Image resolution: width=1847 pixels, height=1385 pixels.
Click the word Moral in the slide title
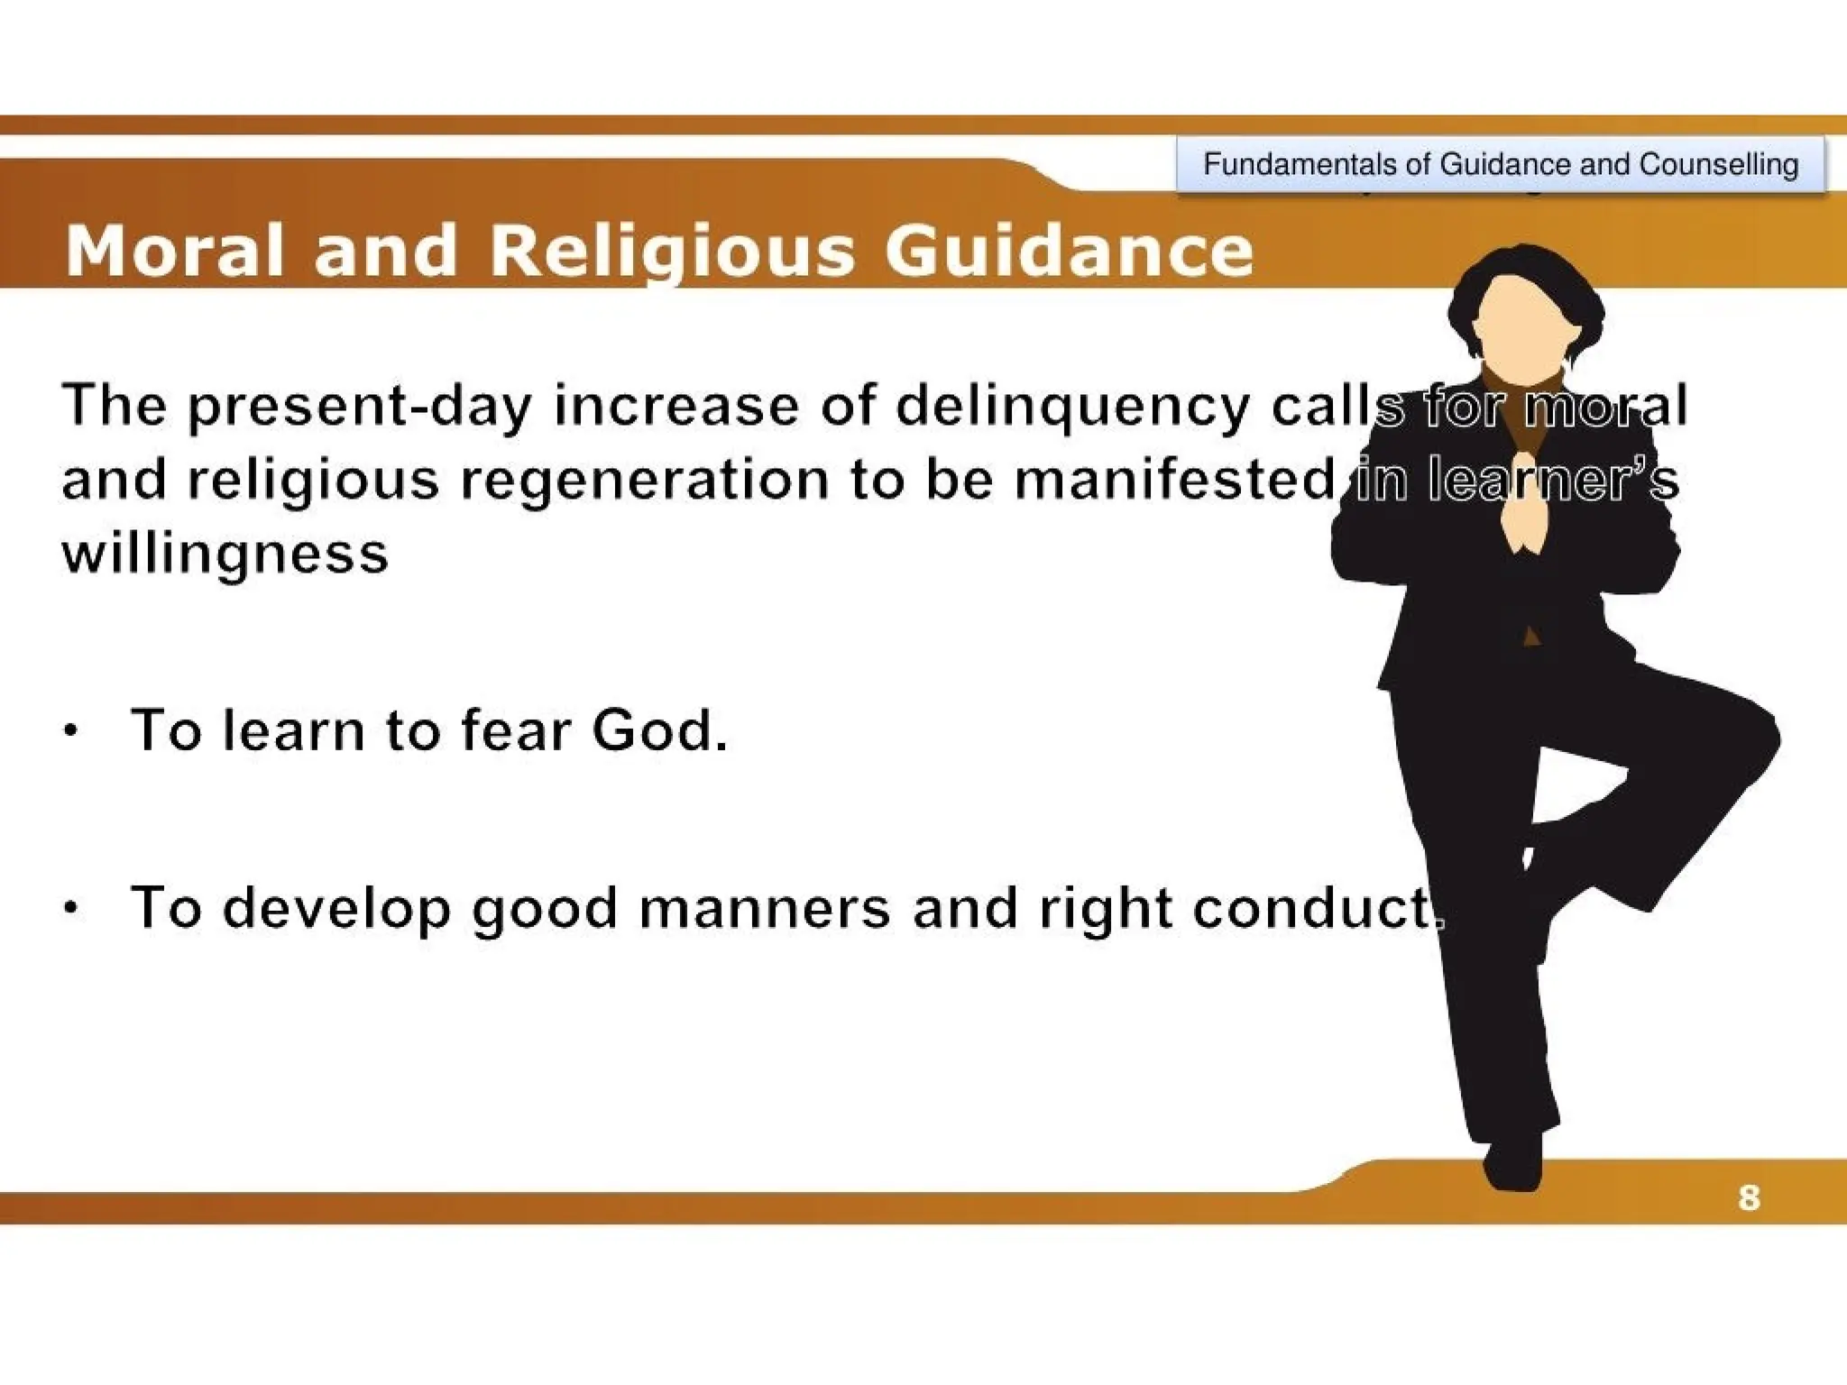click(174, 251)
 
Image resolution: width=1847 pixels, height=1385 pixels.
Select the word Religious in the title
click(672, 251)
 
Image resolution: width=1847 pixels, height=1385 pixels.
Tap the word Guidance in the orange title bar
click(1069, 251)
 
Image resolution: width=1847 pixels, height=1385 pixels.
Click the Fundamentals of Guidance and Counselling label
click(1501, 164)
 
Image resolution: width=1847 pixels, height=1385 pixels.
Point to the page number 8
click(1749, 1198)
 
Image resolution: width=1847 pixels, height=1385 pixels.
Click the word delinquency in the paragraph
click(1072, 407)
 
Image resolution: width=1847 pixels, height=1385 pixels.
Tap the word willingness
click(225, 553)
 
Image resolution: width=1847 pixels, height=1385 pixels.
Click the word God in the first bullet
click(658, 729)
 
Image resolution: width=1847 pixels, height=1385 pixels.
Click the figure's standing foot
click(1512, 1163)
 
